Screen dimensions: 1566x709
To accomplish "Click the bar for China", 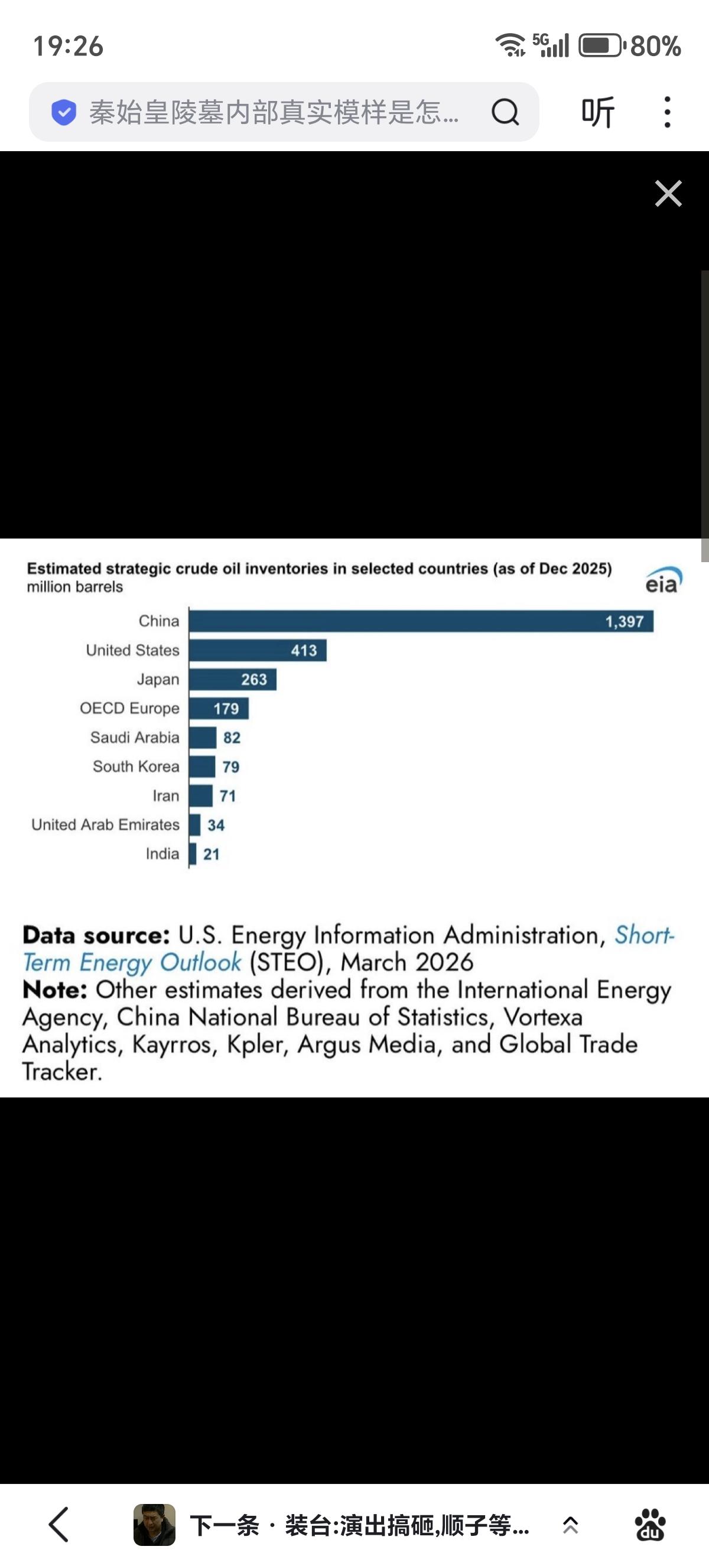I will tap(421, 621).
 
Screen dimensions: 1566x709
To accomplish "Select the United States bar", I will tap(257, 651).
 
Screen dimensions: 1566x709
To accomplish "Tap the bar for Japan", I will tap(232, 679).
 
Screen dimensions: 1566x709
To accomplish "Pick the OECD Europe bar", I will tap(218, 708).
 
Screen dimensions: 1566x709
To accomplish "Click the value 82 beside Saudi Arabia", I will tap(232, 738).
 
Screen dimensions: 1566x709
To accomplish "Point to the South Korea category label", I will tap(136, 766).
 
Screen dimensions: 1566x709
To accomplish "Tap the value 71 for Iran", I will tap(227, 796).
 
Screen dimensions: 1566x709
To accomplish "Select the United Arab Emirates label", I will tap(105, 825).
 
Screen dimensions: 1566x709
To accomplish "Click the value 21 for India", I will tap(211, 854).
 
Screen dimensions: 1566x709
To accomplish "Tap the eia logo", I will tap(664, 580).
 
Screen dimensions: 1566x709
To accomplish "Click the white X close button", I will tap(668, 193).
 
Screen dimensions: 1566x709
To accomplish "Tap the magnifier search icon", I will tap(505, 112).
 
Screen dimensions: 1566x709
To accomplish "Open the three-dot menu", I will tap(667, 112).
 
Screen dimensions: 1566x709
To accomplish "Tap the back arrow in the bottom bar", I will tap(59, 1525).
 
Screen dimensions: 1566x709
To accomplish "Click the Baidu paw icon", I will tap(650, 1525).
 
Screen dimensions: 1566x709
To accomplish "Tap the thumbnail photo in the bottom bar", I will tap(154, 1525).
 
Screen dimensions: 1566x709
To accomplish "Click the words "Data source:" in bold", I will tap(96, 935).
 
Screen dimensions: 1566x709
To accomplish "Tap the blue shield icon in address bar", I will tap(63, 112).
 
